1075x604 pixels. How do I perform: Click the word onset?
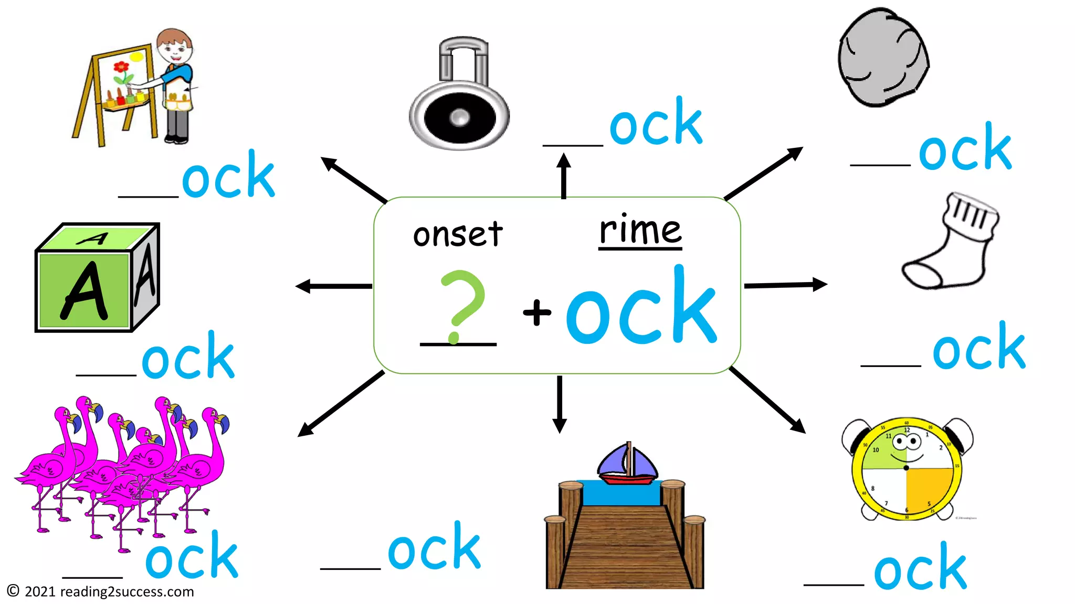pyautogui.click(x=458, y=234)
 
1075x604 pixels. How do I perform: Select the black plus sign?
pyautogui.click(x=537, y=312)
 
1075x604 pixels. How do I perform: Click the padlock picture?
pyautogui.click(x=459, y=94)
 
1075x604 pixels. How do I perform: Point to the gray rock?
pyautogui.click(x=883, y=58)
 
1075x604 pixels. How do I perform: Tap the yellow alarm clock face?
pyautogui.click(x=907, y=468)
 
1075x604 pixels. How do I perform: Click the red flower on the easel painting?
pyautogui.click(x=121, y=67)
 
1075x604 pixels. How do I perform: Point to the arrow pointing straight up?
pyautogui.click(x=564, y=176)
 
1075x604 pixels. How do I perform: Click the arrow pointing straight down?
pyautogui.click(x=560, y=404)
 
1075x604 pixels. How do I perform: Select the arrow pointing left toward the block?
pyautogui.click(x=333, y=286)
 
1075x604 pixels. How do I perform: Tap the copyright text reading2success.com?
pyautogui.click(x=100, y=591)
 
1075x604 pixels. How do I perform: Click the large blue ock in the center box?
pyautogui.click(x=641, y=309)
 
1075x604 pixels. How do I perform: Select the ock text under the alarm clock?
pyautogui.click(x=920, y=569)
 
